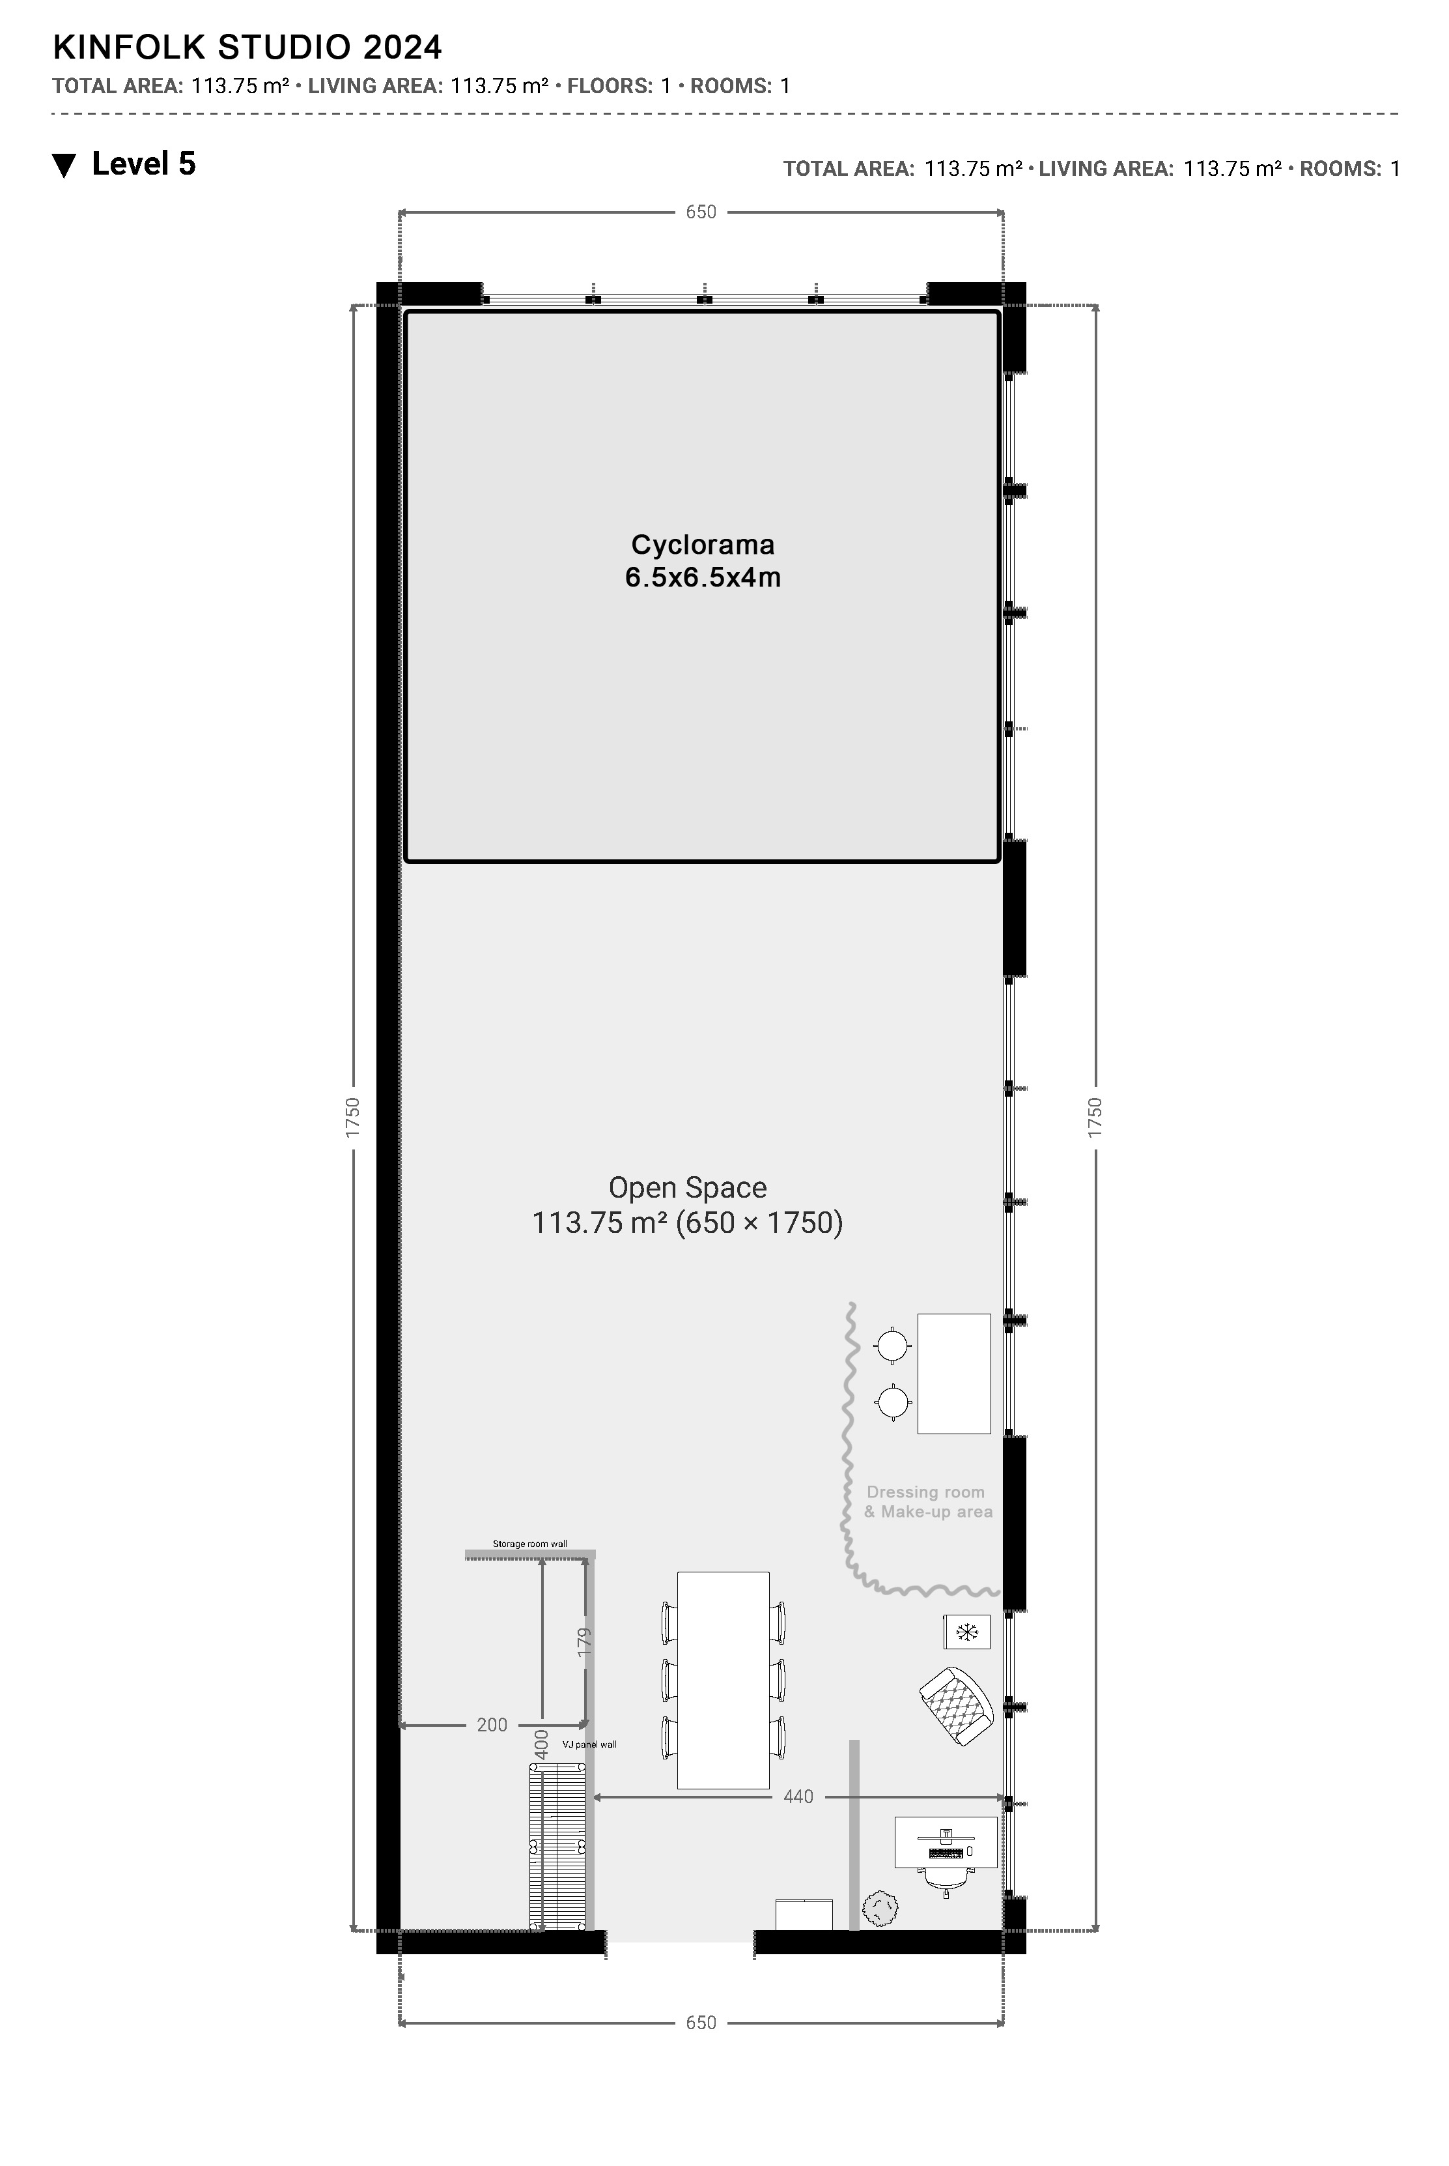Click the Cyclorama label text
click(x=702, y=561)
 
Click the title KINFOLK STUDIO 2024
click(x=247, y=46)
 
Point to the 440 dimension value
click(x=798, y=1797)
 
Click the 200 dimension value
click(x=492, y=1724)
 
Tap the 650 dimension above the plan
click(x=701, y=212)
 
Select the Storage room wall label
click(x=529, y=1544)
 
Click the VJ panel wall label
click(x=589, y=1744)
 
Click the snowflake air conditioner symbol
click(x=966, y=1632)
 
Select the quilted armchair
click(x=957, y=1705)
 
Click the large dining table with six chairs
click(x=724, y=1680)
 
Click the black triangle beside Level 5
click(x=64, y=166)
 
